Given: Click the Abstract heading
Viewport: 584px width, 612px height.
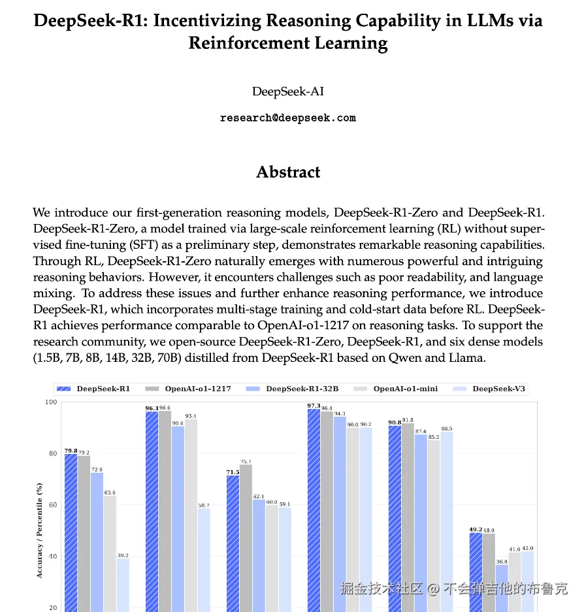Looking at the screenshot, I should [288, 172].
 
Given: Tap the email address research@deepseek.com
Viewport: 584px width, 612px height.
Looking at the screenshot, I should [288, 118].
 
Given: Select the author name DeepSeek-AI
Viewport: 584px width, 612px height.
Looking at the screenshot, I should [288, 91].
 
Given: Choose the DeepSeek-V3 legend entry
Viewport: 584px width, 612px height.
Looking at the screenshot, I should [498, 389].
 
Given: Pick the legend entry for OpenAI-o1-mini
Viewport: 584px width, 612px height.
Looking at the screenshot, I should [405, 389].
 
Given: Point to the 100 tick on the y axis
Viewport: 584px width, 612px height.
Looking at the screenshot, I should [50, 402].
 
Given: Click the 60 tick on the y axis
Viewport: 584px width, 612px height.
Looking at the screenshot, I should [52, 505].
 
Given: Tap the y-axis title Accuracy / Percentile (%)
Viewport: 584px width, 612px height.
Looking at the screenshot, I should [39, 530].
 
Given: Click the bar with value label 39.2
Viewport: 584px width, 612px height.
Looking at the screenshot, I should [123, 585].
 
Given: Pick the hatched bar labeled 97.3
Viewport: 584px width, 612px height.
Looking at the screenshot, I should [314, 509].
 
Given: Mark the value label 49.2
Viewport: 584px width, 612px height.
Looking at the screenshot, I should [475, 530].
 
